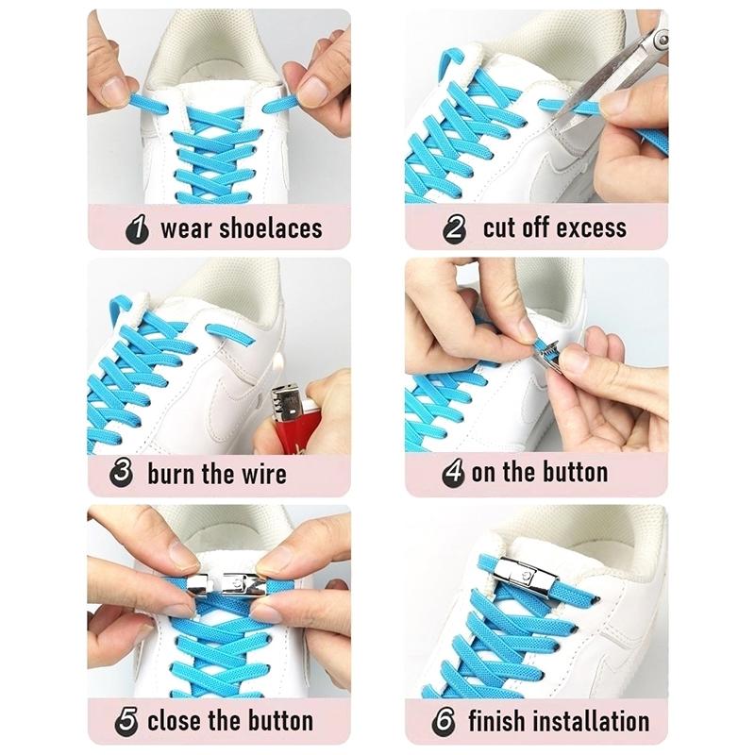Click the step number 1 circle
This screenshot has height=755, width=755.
click(x=137, y=228)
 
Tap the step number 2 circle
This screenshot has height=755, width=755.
click(x=455, y=228)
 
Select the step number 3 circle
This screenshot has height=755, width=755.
click(x=122, y=471)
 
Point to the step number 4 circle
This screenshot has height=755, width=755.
click(x=454, y=473)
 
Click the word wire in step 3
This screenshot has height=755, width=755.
click(x=264, y=474)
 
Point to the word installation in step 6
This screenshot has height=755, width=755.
click(x=592, y=721)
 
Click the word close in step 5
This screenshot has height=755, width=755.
click(x=175, y=721)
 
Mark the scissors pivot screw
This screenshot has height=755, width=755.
click(x=663, y=38)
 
